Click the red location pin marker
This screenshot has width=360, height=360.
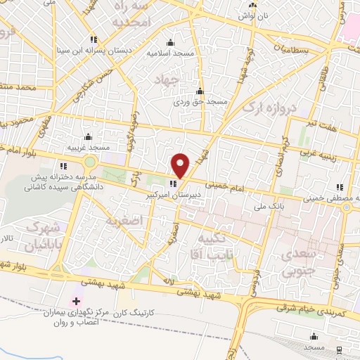pyautogui.click(x=181, y=165)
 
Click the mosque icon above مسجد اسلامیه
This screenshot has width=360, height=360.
pyautogui.click(x=169, y=42)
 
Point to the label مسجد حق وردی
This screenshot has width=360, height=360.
pyautogui.click(x=201, y=101)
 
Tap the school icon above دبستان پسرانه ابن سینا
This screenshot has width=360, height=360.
pyautogui.click(x=94, y=39)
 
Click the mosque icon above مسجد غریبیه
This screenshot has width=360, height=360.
pyautogui.click(x=88, y=136)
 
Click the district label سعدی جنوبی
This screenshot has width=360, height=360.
pyautogui.click(x=297, y=258)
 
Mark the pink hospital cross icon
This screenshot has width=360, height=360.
pyautogui.click(x=76, y=301)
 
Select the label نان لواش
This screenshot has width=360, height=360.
pyautogui.click(x=252, y=15)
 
